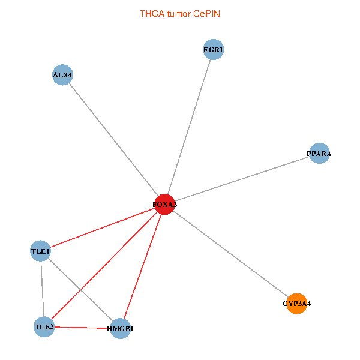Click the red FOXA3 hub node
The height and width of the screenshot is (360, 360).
point(164,205)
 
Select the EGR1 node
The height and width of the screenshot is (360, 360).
point(214,49)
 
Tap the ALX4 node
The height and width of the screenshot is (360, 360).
point(62,75)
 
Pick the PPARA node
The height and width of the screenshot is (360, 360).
point(319,153)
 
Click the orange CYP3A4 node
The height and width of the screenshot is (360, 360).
point(296,304)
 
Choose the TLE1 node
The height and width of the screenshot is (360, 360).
point(40,251)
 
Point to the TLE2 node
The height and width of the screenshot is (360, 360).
point(44,327)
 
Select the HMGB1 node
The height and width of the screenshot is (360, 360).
point(121,329)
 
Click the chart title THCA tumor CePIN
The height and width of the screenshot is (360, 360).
point(180,14)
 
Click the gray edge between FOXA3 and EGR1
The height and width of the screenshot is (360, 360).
point(189,127)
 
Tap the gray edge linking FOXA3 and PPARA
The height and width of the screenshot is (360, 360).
point(242,179)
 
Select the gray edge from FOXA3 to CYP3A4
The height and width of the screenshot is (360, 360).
point(230,254)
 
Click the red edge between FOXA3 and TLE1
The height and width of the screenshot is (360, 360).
point(103,228)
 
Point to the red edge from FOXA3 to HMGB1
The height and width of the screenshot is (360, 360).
point(142,266)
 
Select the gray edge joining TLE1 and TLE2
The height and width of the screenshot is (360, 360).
point(42,289)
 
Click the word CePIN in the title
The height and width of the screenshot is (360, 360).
point(206,14)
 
